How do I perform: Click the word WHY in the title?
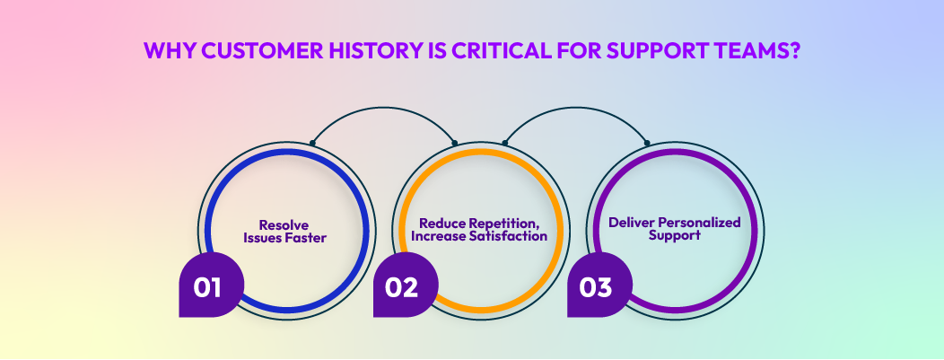click(x=168, y=51)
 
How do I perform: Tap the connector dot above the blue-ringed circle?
click(x=311, y=143)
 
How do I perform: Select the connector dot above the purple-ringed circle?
click(x=648, y=143)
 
